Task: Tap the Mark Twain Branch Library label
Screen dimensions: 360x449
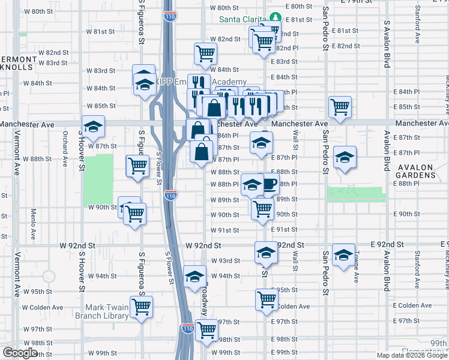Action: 101,310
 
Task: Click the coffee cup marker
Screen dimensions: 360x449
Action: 269,184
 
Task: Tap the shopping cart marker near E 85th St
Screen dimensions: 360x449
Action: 340,107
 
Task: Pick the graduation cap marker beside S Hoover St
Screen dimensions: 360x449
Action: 93,127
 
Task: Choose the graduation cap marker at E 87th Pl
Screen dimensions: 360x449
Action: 345,158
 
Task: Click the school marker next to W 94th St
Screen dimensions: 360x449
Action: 194,277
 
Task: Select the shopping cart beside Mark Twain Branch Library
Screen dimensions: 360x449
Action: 142,307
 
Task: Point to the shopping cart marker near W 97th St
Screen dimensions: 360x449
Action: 206,329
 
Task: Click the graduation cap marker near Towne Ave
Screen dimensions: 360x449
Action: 343,254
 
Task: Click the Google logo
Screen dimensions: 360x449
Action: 20,353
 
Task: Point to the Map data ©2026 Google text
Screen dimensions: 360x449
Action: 412,355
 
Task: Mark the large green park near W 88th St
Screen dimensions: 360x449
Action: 98,179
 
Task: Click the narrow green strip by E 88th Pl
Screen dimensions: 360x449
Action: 355,194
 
